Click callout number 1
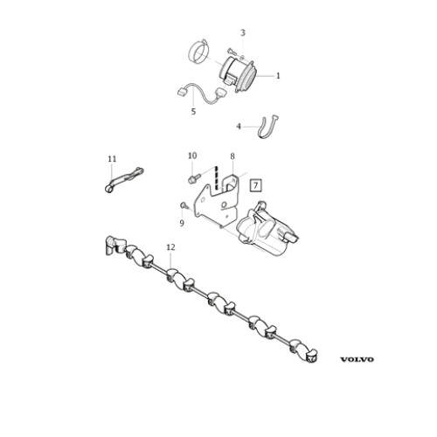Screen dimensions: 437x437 [x=278, y=76]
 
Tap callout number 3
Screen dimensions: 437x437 [x=243, y=33]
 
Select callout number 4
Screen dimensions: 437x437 [x=239, y=127]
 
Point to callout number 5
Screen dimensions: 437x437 [x=193, y=112]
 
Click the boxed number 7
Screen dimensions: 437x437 [x=255, y=185]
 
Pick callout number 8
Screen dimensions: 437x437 [x=232, y=156]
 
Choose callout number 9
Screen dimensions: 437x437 [x=182, y=224]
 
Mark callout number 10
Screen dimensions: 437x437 [x=192, y=156]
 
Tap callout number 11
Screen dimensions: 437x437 [x=112, y=159]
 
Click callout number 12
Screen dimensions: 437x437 [x=170, y=247]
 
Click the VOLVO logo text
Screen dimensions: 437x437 [x=357, y=359]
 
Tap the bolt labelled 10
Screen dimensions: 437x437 [x=195, y=178]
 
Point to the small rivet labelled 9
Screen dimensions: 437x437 [x=184, y=205]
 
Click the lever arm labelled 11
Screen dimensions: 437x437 [x=122, y=180]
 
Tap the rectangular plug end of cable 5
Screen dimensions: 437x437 [x=182, y=93]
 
